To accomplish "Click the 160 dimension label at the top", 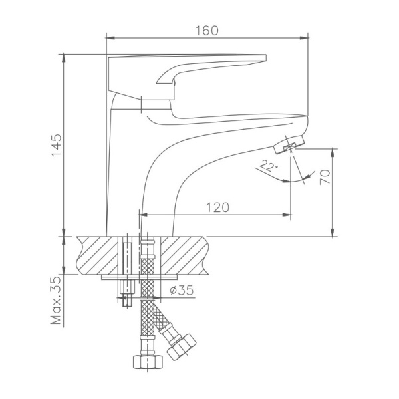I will point(207,31).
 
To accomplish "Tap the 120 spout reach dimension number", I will point(217,207).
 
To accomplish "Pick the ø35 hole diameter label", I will point(182,290).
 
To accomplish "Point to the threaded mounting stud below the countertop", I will point(128,293).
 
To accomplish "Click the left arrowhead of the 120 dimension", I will point(141,215).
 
